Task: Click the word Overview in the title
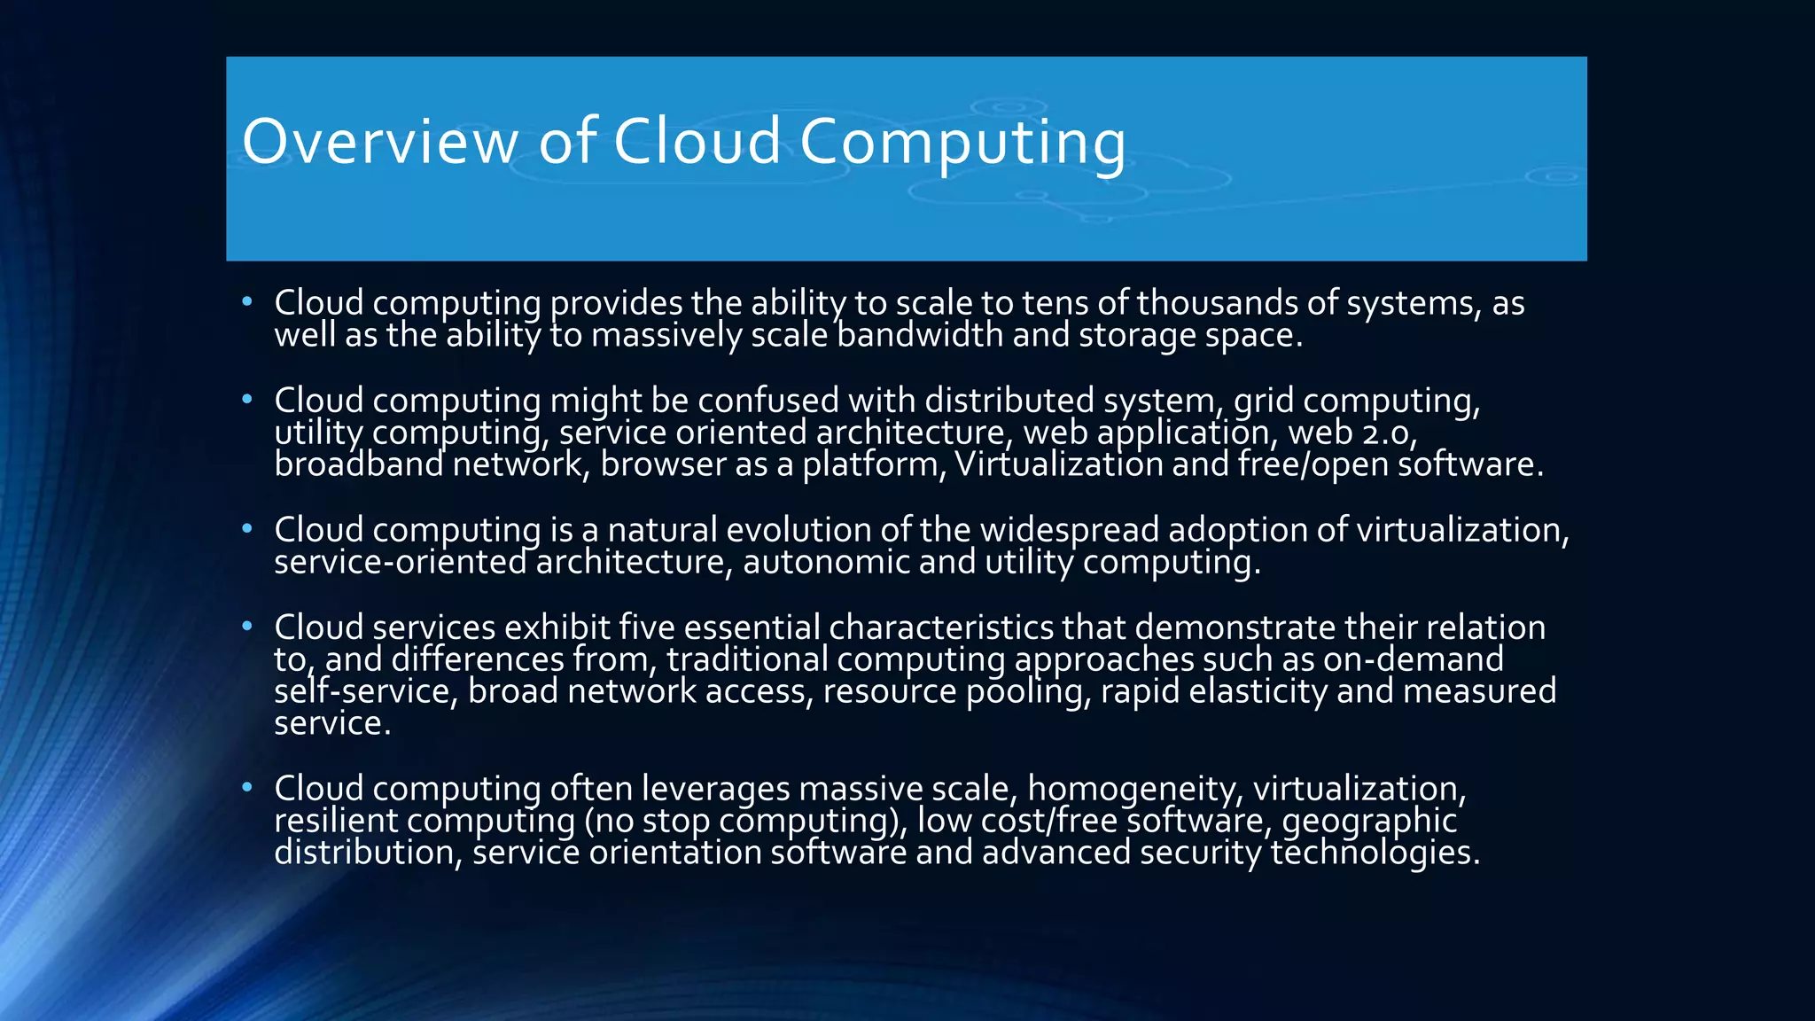[380, 142]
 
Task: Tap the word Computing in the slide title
[962, 142]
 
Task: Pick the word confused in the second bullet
[768, 401]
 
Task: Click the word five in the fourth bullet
[647, 628]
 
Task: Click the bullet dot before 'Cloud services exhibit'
[247, 627]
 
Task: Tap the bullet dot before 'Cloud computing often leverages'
[247, 788]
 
